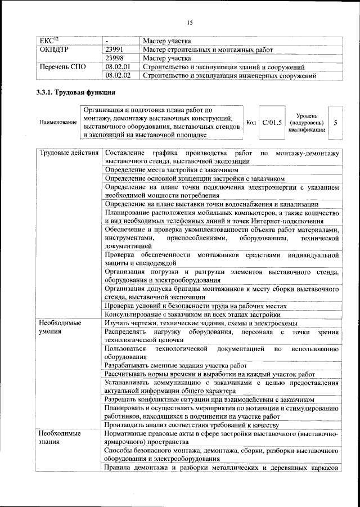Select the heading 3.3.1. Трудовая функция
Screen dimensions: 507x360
pyautogui.click(x=75, y=92)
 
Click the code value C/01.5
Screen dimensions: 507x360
pyautogui.click(x=272, y=122)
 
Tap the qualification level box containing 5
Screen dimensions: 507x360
pyautogui.click(x=335, y=122)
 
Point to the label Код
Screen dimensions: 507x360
pyautogui.click(x=251, y=122)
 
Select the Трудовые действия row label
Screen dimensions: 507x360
pyautogui.click(x=69, y=153)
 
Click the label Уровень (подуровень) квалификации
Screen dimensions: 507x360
pyautogui.click(x=306, y=122)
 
